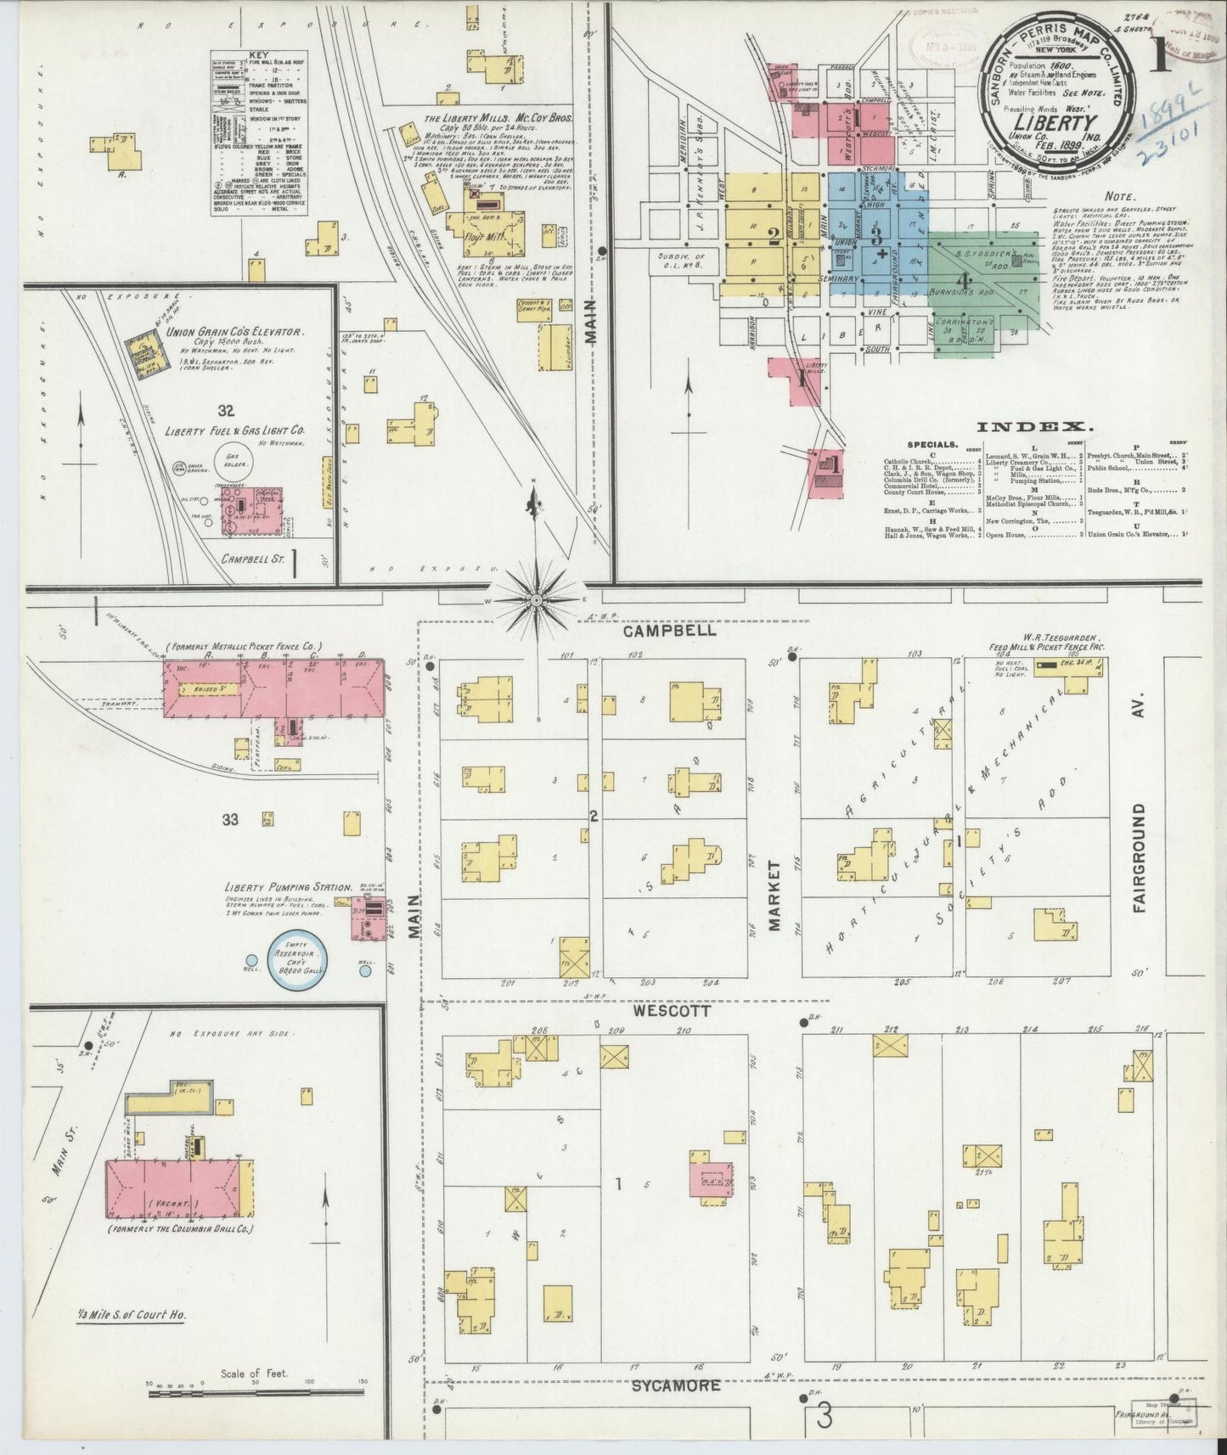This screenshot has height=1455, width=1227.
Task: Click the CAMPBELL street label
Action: coord(668,632)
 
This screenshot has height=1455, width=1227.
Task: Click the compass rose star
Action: coord(536,599)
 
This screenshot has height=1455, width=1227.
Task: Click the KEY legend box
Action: coord(259,132)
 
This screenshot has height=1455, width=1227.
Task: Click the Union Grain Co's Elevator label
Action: coord(237,334)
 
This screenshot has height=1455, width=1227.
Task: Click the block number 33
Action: coord(230,819)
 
